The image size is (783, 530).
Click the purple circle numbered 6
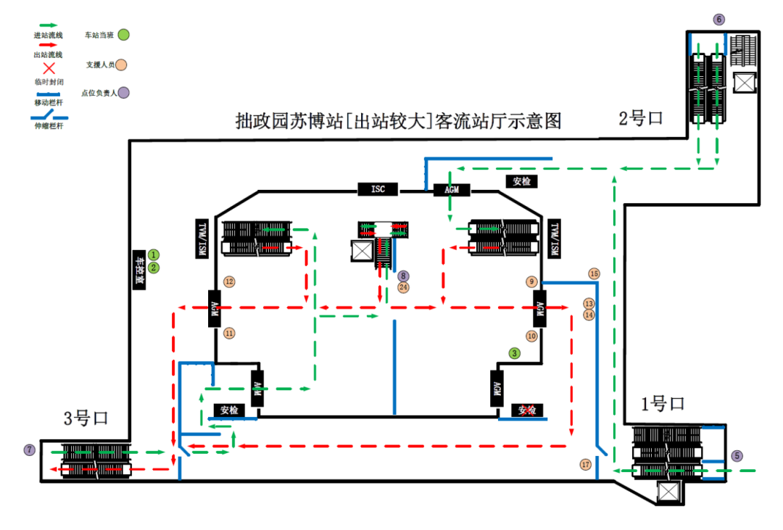718,20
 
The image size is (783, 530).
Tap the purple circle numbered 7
29,450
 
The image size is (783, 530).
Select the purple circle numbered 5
737,456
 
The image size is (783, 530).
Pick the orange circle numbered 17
586,464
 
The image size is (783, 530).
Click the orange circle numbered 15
594,274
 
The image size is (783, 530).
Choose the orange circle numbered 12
229,281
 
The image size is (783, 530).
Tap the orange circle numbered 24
403,287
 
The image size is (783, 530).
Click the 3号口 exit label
86,418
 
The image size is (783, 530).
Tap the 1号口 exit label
662,404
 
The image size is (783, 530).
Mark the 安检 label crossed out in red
527,410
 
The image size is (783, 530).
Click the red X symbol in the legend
49,69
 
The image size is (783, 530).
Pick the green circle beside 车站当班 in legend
124,34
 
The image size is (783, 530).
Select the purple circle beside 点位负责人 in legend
124,92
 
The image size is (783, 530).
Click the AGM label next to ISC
452,190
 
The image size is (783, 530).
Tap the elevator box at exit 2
745,82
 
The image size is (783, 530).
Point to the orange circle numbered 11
229,333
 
